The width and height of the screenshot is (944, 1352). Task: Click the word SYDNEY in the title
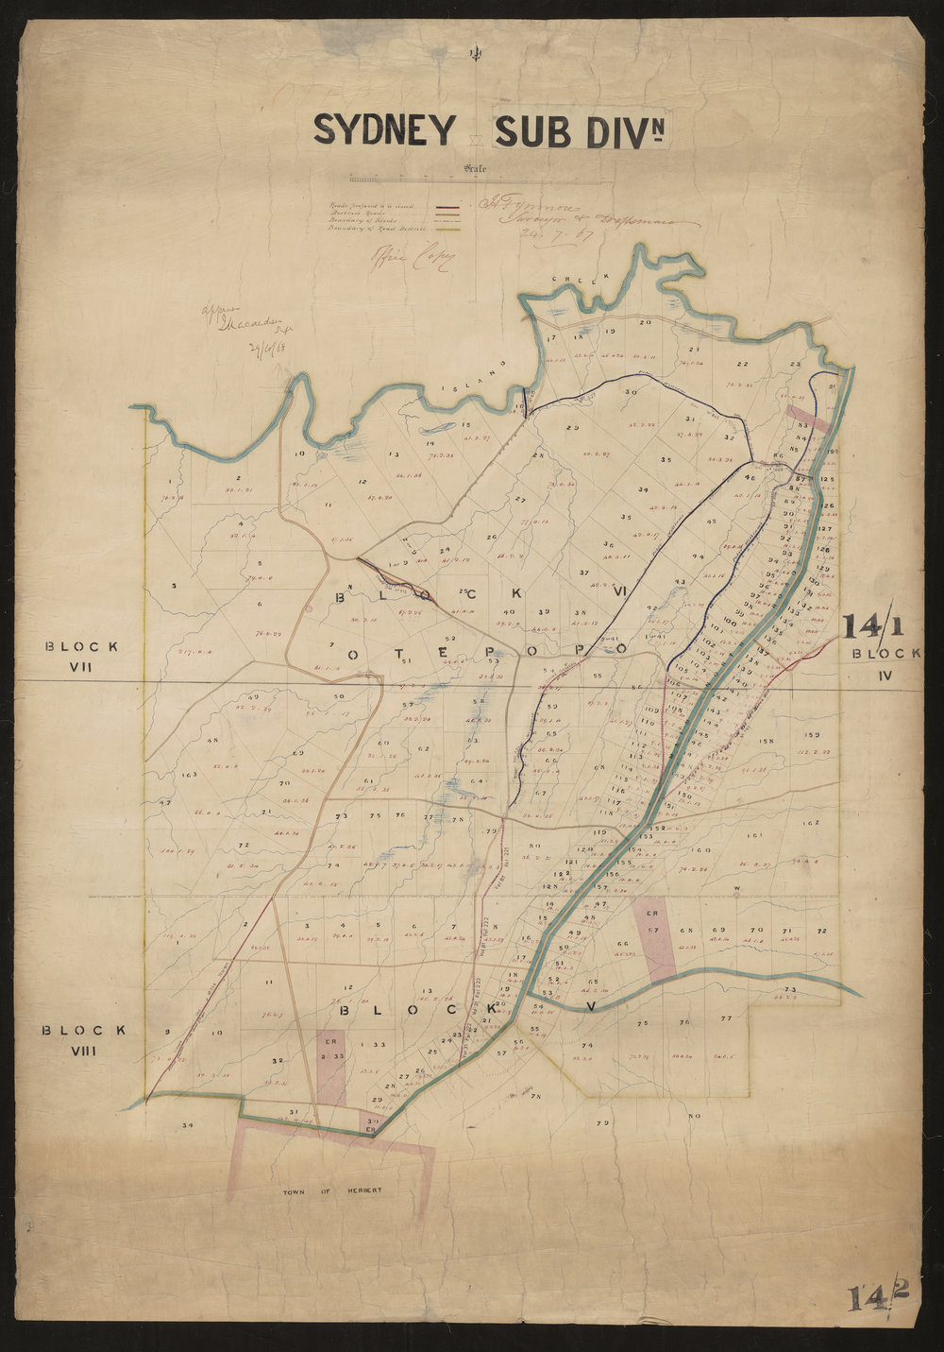point(384,130)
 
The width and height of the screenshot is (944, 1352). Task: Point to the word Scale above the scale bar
point(475,169)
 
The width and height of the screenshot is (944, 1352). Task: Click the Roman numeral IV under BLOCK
point(884,675)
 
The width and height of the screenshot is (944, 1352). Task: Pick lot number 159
point(811,734)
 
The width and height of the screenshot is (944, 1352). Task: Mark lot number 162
point(809,823)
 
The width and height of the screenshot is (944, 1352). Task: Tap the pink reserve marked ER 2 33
point(331,1066)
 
